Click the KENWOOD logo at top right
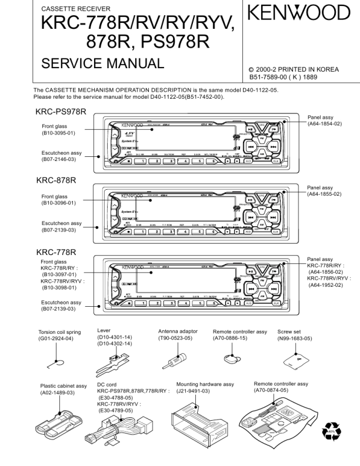coord(299,12)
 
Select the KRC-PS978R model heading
coord(61,112)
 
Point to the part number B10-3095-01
coord(58,133)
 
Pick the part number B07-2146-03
coord(58,159)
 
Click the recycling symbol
coord(331,434)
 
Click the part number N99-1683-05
coord(295,338)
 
